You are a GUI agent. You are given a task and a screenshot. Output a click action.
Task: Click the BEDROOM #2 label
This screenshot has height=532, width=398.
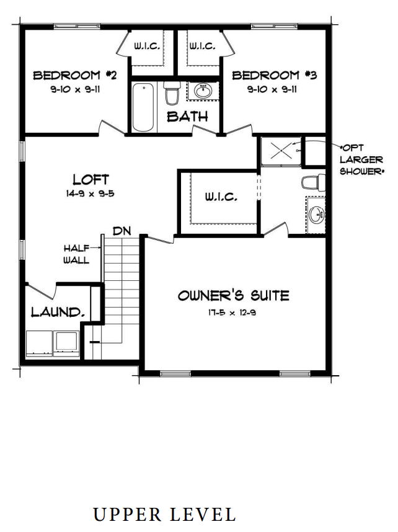pos(75,76)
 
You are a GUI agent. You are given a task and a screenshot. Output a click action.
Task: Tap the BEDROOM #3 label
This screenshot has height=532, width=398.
pos(274,76)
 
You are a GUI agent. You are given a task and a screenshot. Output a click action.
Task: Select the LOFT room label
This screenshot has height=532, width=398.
pos(91,180)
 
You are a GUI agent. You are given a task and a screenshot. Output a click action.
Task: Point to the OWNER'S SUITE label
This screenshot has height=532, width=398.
pos(233,295)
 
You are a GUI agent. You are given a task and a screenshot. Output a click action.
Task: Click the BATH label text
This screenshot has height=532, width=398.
pos(187,116)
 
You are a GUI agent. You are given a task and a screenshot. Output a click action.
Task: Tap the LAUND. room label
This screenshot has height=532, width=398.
pos(58,311)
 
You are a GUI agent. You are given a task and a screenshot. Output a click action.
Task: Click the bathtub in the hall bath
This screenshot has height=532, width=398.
pos(143,106)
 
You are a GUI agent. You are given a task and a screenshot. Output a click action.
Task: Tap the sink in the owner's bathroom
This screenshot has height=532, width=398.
pos(316,215)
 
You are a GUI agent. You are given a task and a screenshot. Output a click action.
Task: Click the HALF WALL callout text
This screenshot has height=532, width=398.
pos(76,254)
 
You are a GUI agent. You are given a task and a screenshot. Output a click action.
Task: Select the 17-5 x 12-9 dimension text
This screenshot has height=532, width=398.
pos(232,313)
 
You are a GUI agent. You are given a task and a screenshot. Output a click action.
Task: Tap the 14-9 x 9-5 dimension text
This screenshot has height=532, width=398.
pos(91,193)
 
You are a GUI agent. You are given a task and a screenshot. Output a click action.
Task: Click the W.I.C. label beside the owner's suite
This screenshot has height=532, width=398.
pos(221,197)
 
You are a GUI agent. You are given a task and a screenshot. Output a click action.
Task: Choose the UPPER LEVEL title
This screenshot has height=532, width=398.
pos(164,514)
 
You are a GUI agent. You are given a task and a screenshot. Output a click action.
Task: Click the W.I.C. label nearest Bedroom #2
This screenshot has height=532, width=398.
pos(148,46)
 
